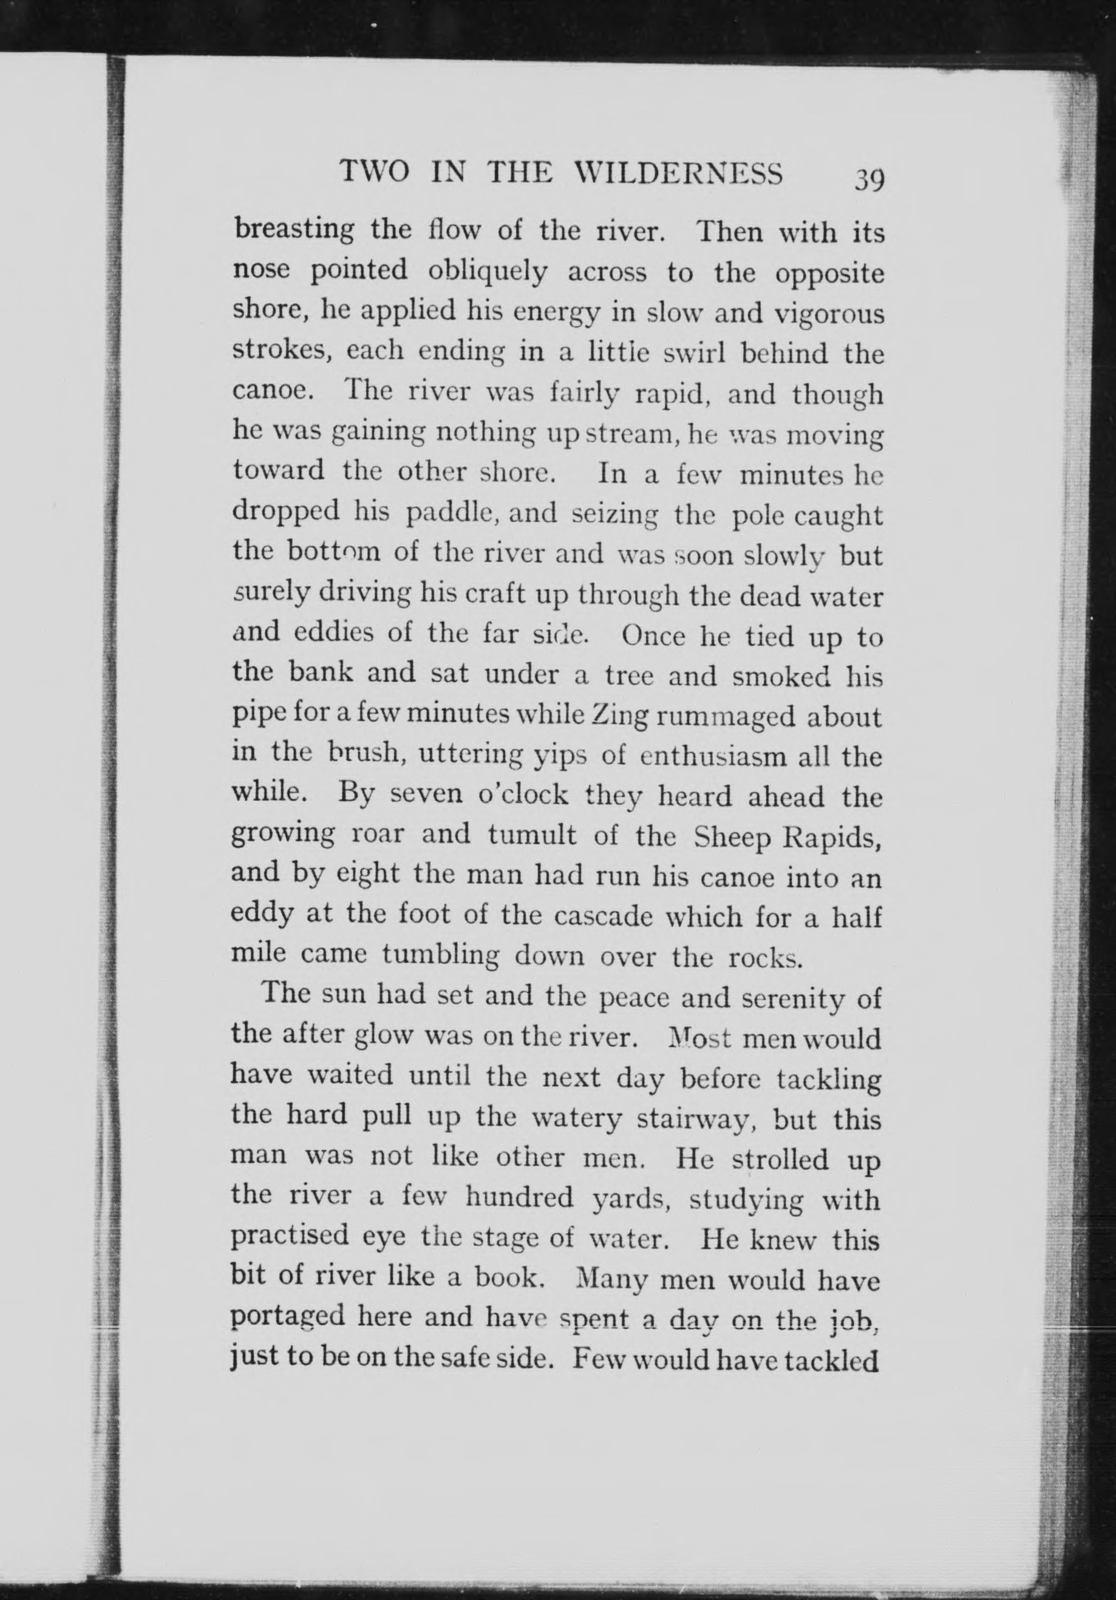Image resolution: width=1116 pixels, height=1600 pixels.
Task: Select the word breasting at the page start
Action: pos(293,231)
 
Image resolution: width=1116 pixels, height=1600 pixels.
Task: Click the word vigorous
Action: pos(829,314)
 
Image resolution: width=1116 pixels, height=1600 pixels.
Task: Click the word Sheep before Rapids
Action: pos(732,837)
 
